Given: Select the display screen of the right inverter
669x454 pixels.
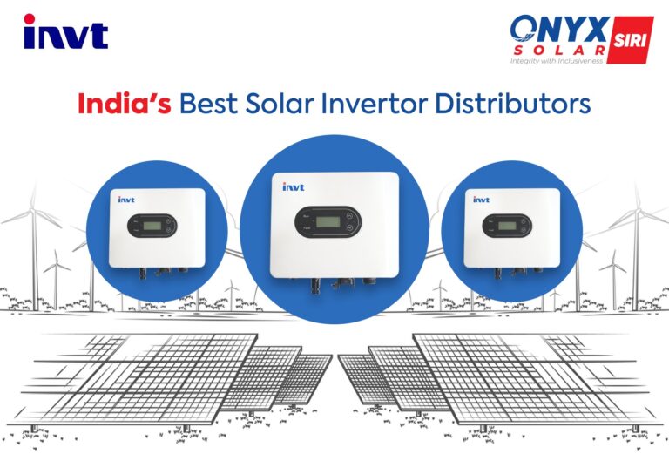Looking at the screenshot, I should [x=503, y=226].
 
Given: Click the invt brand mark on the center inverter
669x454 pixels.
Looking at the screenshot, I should [x=293, y=186].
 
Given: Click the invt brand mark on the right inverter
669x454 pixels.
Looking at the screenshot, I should [x=481, y=200].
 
